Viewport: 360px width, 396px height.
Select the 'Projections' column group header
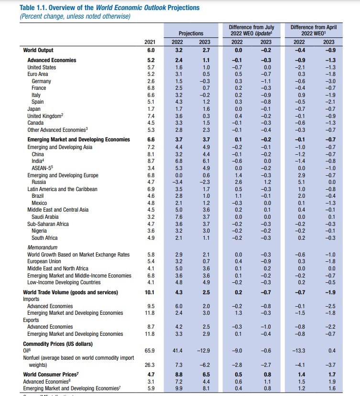[x=191, y=33]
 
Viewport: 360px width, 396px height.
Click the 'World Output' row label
[x=38, y=50]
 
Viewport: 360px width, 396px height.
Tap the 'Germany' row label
[x=41, y=81]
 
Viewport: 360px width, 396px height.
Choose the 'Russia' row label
[x=39, y=182]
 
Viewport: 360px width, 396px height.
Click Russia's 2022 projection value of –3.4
[x=177, y=182]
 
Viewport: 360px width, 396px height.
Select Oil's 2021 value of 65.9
[x=150, y=351]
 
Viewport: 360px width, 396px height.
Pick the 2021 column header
[x=150, y=42]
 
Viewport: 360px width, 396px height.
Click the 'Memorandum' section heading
[x=43, y=247]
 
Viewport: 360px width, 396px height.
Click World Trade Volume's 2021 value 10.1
[x=150, y=292]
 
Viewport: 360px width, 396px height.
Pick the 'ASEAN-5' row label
[x=43, y=168]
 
